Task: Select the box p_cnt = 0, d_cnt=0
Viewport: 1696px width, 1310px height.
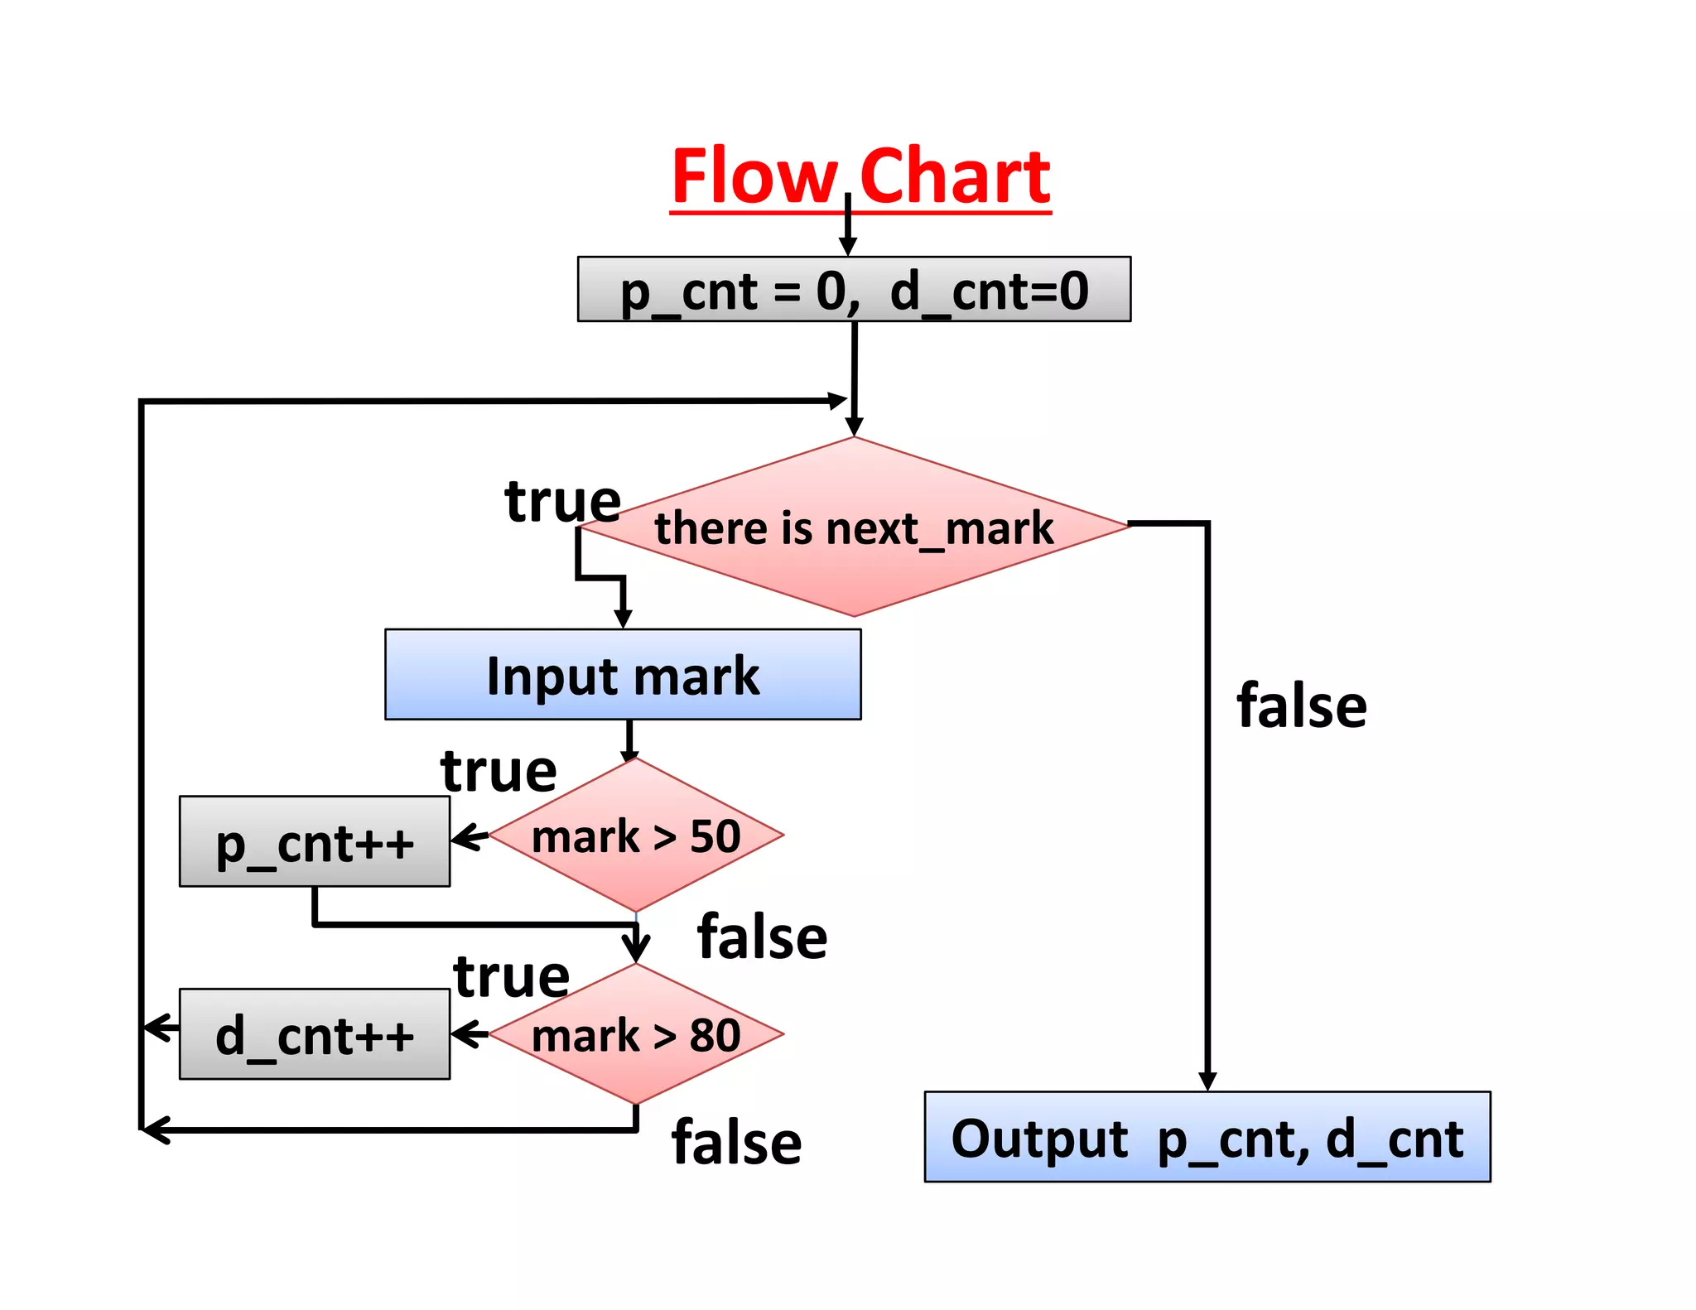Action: (854, 290)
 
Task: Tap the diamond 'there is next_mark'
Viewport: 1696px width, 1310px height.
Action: (854, 527)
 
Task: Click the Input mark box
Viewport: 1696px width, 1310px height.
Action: (623, 675)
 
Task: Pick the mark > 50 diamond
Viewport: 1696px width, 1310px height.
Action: (636, 836)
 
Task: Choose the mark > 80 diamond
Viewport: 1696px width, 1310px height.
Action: (636, 1035)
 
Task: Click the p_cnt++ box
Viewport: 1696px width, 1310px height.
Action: (315, 842)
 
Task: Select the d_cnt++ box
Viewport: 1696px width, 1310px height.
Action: (315, 1034)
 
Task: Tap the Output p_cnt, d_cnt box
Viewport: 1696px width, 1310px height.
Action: (1207, 1137)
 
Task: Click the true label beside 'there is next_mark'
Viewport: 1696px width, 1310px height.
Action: (562, 501)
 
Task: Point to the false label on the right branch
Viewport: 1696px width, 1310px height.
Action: (1301, 706)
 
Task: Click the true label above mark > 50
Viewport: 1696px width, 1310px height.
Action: (499, 771)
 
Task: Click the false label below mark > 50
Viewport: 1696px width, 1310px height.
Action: (762, 937)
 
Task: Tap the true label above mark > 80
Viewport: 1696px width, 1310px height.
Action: (511, 976)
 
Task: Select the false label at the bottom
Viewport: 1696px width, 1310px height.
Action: (736, 1143)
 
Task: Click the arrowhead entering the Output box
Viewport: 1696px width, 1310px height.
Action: (1207, 1081)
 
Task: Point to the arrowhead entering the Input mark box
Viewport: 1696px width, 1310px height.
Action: (624, 619)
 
